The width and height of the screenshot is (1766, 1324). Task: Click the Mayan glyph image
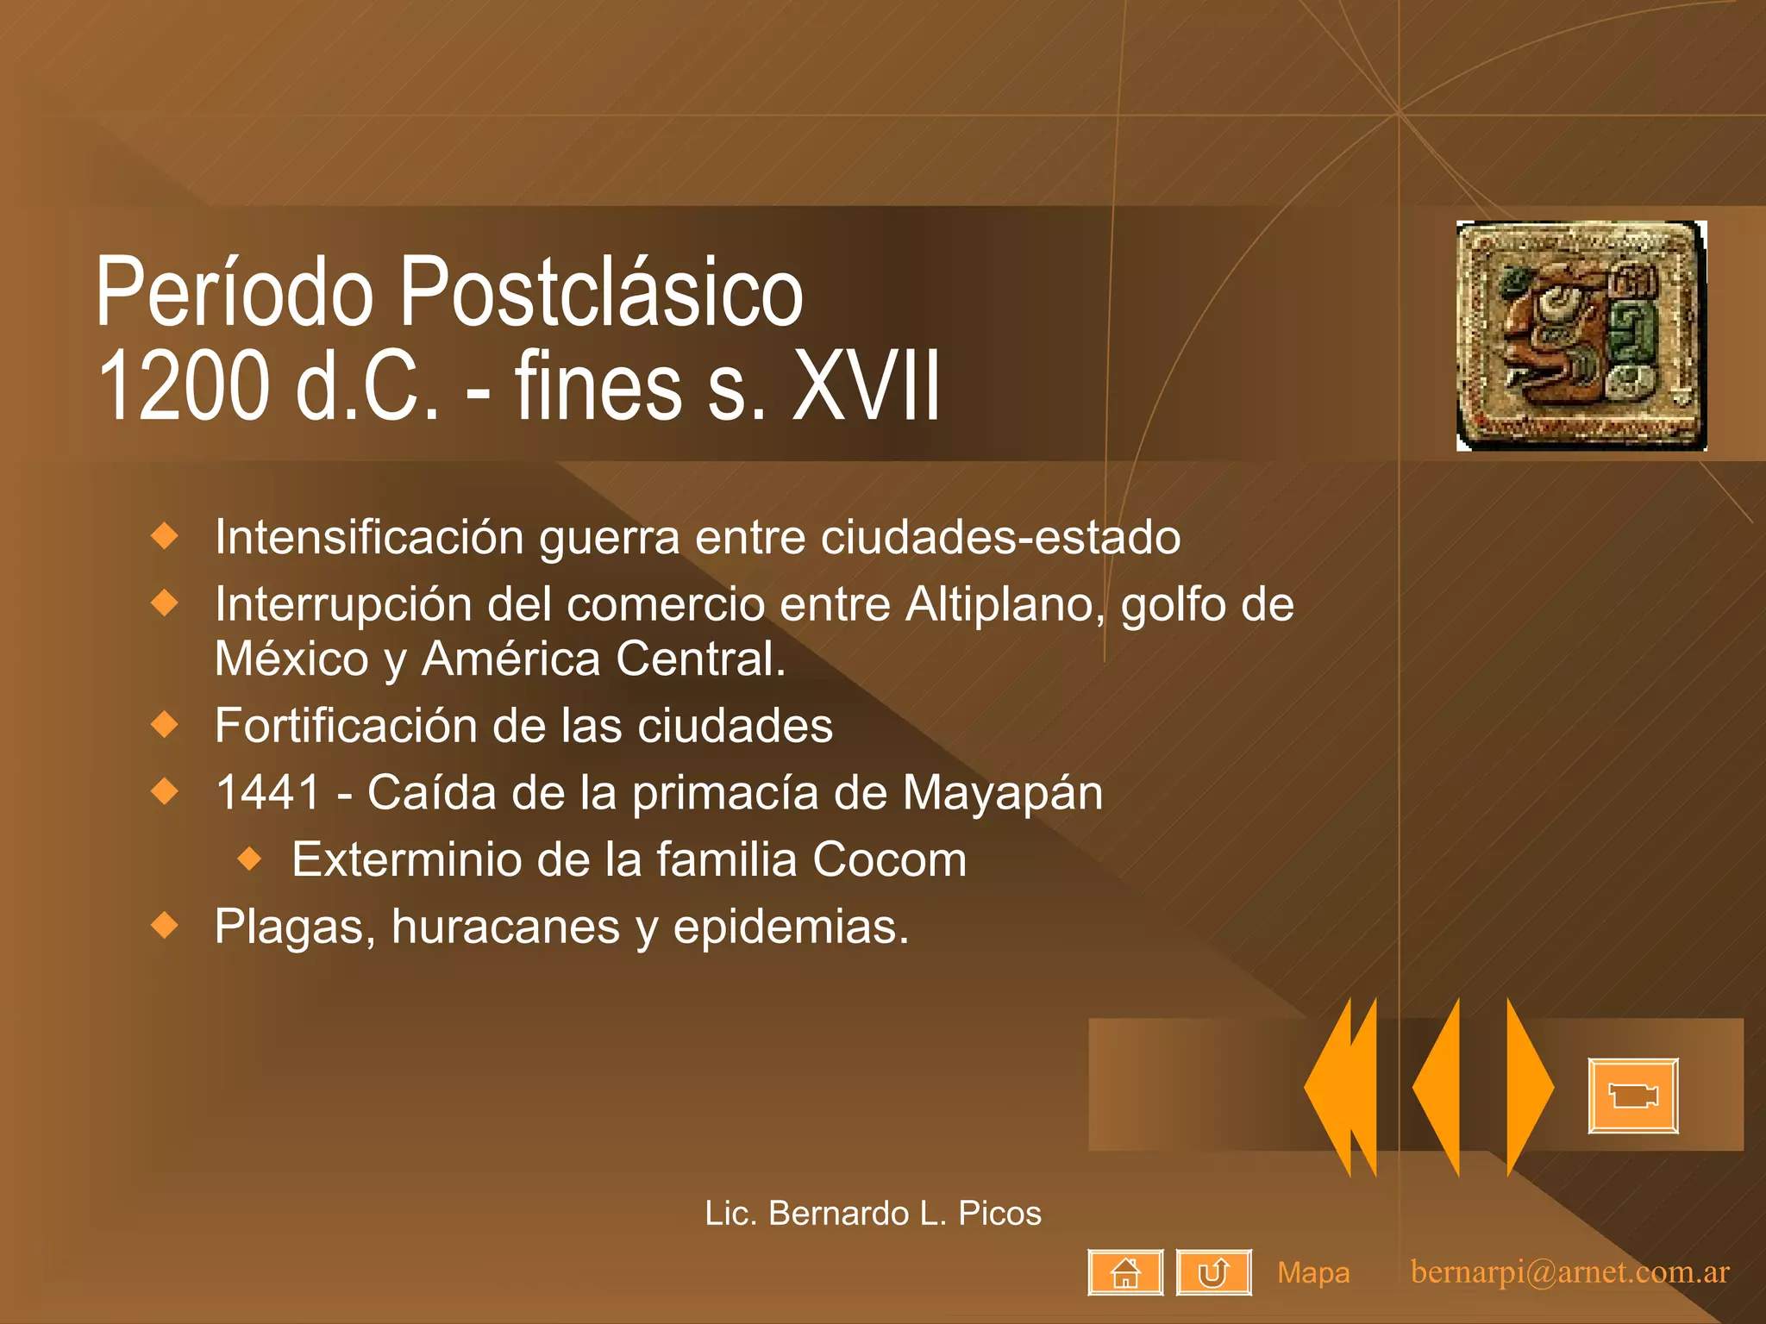[x=1581, y=336]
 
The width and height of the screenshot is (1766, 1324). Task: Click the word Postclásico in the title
[x=602, y=293]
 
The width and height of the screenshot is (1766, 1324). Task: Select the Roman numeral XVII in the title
[x=866, y=386]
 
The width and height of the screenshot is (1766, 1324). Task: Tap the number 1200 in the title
[x=183, y=386]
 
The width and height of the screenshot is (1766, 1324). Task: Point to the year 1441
[x=268, y=792]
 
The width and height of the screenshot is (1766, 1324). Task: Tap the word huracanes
[x=505, y=927]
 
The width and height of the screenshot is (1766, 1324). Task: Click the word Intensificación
[x=369, y=537]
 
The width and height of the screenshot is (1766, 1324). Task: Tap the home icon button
[x=1125, y=1272]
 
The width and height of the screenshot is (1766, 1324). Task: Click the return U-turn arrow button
[x=1213, y=1272]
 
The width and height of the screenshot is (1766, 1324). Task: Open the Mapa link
[x=1313, y=1273]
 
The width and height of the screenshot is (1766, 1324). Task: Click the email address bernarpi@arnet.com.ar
[x=1569, y=1272]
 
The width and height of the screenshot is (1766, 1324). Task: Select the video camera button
[x=1633, y=1096]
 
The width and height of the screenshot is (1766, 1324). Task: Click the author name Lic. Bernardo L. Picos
[x=873, y=1214]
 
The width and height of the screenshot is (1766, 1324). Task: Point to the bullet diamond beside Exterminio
[x=250, y=859]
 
